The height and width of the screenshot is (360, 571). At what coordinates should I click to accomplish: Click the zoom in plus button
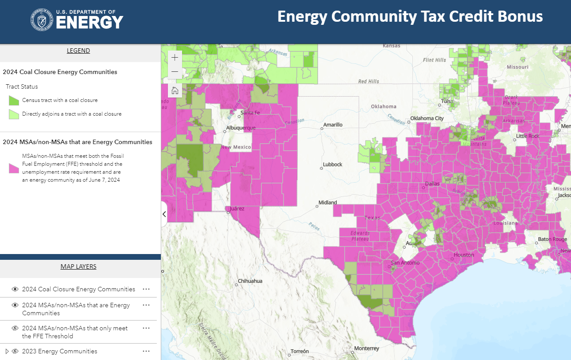pyautogui.click(x=175, y=58)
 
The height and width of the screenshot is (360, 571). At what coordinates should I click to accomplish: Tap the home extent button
pyautogui.click(x=175, y=91)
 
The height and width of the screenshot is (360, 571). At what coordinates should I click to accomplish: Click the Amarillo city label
pyautogui.click(x=333, y=125)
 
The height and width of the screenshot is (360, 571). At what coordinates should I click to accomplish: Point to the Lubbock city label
pyautogui.click(x=333, y=164)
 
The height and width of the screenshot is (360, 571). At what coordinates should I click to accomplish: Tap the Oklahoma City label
pyautogui.click(x=427, y=118)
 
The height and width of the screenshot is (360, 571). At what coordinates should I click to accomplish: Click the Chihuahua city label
pyautogui.click(x=250, y=281)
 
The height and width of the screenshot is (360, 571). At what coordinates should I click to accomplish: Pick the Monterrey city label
pyautogui.click(x=367, y=348)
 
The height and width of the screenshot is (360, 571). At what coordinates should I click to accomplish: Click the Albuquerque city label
pyautogui.click(x=241, y=128)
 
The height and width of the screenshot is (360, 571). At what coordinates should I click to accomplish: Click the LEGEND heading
pyautogui.click(x=78, y=51)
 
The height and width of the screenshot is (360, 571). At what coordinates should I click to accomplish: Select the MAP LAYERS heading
pyautogui.click(x=78, y=266)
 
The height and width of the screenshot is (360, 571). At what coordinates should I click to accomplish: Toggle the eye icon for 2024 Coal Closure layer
pyautogui.click(x=15, y=289)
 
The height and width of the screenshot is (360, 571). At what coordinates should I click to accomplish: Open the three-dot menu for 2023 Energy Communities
pyautogui.click(x=146, y=351)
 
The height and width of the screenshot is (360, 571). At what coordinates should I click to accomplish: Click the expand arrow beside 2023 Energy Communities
pyautogui.click(x=7, y=351)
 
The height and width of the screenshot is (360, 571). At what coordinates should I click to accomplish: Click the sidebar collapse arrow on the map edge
pyautogui.click(x=164, y=214)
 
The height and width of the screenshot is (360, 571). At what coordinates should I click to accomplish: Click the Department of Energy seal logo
pyautogui.click(x=42, y=20)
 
